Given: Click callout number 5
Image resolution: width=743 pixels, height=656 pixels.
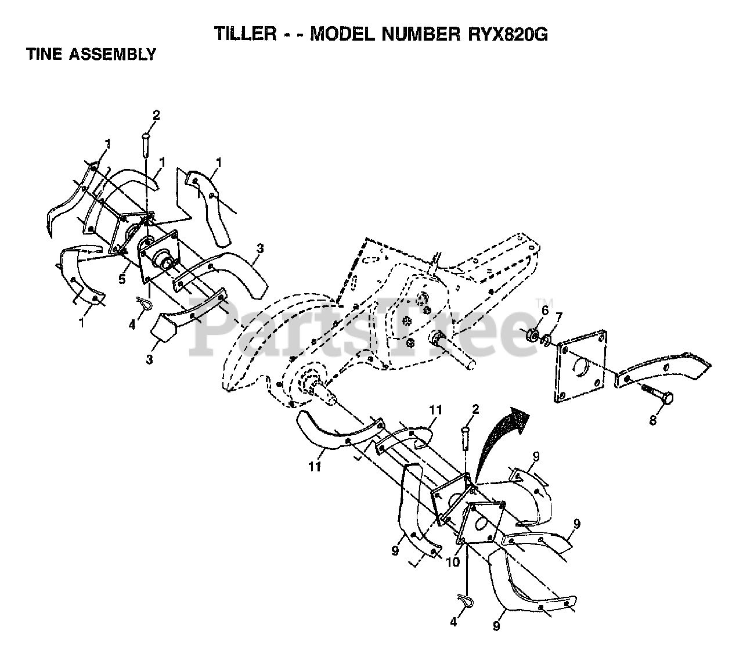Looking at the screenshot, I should click(x=122, y=279).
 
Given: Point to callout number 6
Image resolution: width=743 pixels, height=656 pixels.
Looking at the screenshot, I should click(x=544, y=311).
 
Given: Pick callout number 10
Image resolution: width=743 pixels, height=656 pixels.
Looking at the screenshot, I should click(x=453, y=562).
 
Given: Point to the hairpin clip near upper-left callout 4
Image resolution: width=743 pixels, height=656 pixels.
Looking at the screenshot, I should click(x=146, y=304).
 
